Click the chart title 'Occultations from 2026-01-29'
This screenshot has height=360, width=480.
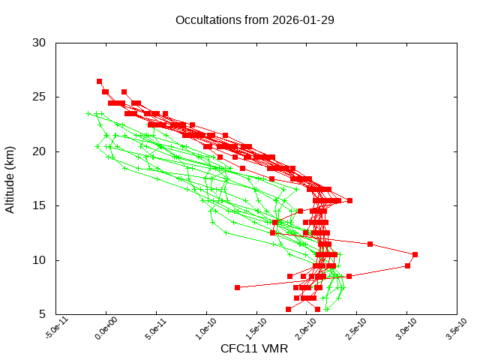[x=254, y=19]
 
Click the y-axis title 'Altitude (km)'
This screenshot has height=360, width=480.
[x=10, y=178]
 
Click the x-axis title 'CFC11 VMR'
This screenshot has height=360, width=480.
[x=254, y=349]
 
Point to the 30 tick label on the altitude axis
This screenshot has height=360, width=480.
[x=40, y=43]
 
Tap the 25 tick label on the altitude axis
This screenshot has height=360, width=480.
[x=40, y=97]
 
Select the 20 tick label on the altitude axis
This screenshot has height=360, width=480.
[x=40, y=151]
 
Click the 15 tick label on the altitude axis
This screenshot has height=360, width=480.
[x=40, y=206]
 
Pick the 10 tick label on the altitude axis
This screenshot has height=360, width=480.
[x=40, y=260]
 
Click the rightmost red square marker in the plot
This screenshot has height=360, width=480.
[x=415, y=254]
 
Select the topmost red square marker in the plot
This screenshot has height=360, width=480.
[x=99, y=81]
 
